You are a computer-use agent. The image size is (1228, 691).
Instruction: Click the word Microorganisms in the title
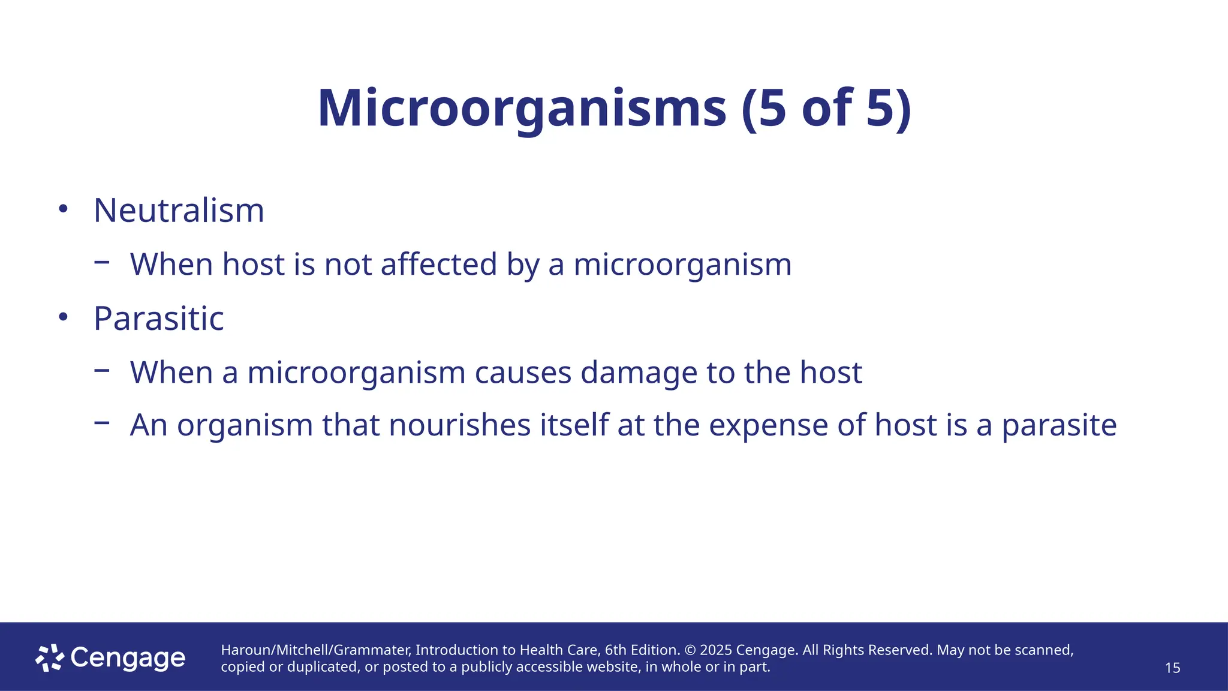coord(522,109)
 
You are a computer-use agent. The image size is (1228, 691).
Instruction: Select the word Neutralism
coord(179,211)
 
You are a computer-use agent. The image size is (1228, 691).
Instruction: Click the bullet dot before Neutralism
coord(64,209)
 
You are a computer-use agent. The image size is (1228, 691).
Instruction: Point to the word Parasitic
coord(159,319)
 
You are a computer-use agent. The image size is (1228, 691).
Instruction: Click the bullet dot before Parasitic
coord(64,317)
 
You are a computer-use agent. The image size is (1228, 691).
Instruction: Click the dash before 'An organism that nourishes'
coord(102,422)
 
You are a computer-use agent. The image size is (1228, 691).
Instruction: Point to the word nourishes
coord(460,425)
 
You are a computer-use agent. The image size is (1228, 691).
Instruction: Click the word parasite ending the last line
coord(1059,426)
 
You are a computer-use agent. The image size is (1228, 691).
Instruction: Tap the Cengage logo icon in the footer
coord(50,658)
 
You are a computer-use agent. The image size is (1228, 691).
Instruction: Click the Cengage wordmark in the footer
coord(128,658)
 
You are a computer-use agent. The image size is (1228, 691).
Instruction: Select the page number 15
coord(1172,668)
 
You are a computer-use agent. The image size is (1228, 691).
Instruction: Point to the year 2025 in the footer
coord(716,650)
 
